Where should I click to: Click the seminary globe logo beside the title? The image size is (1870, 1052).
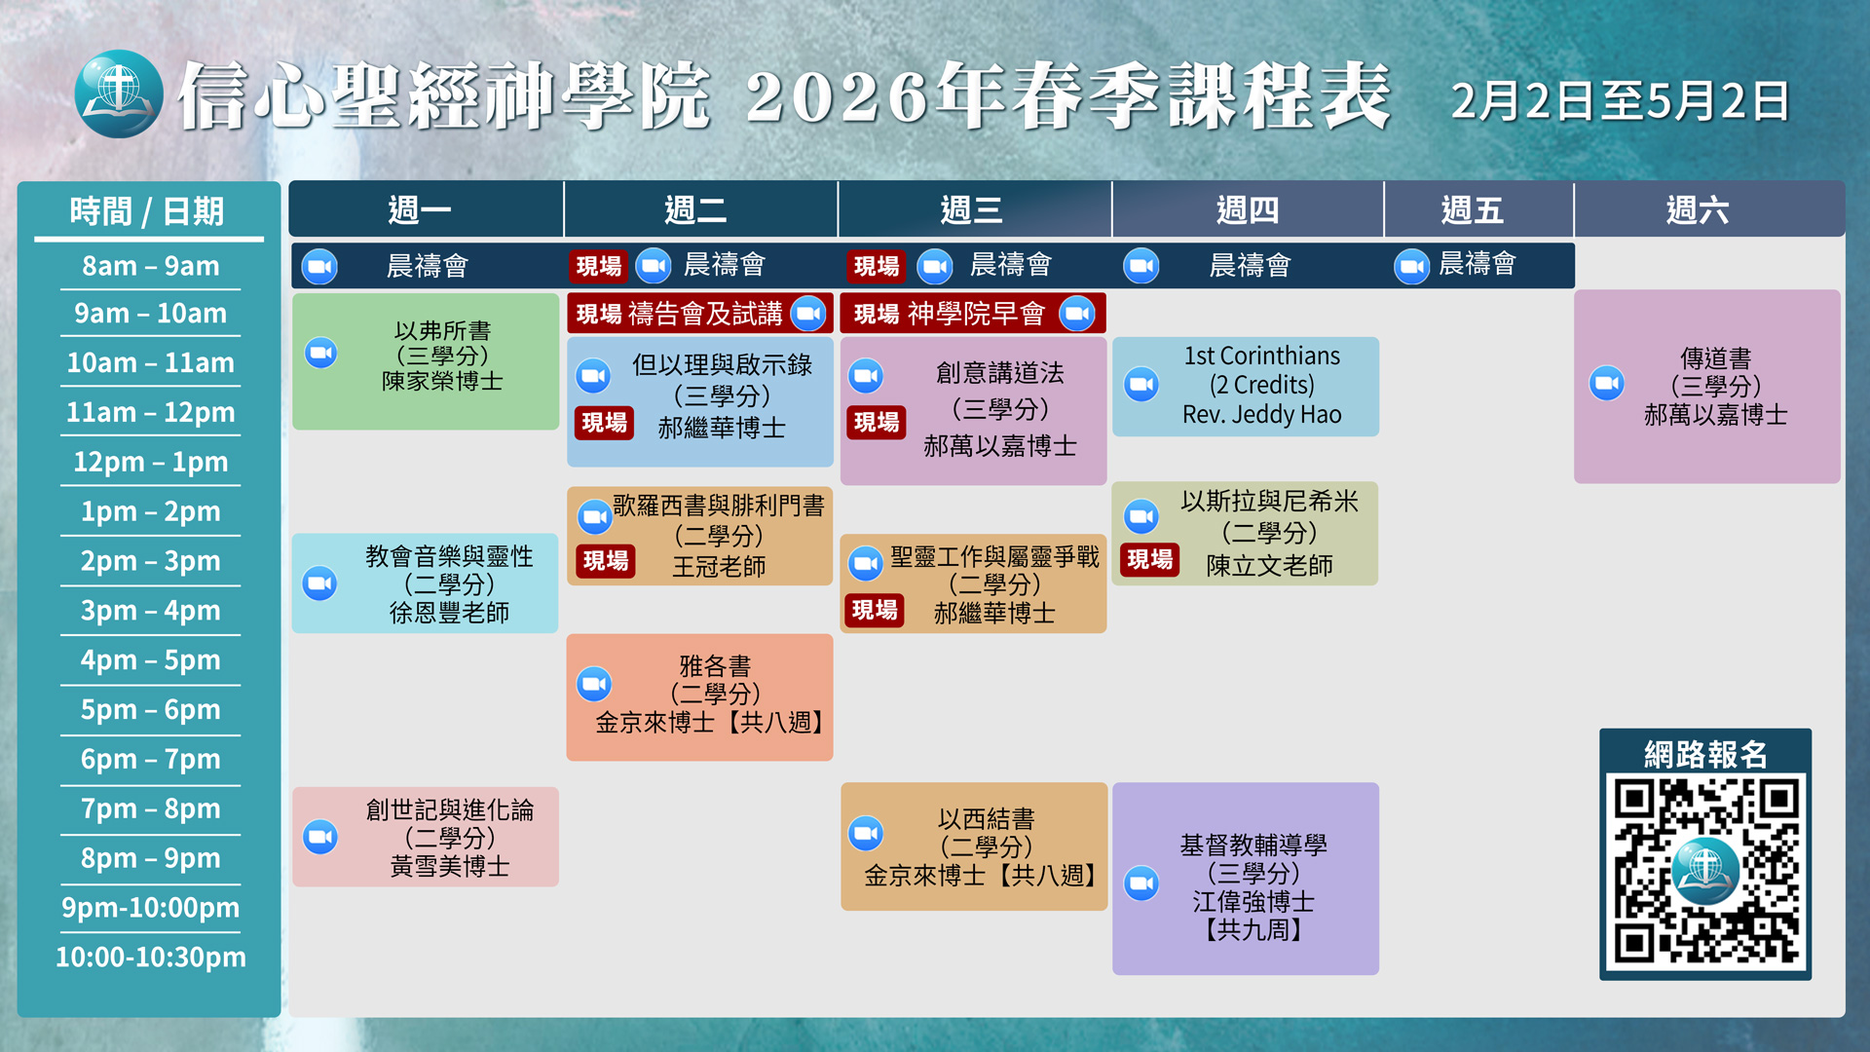[x=119, y=94]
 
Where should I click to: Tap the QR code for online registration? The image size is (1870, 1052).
[x=1705, y=869]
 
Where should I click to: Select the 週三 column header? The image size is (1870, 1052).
[x=973, y=209]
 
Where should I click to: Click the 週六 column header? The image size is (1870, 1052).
[x=1698, y=209]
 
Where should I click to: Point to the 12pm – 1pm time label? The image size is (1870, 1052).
[x=151, y=462]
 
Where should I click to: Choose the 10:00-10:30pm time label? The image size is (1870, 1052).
[x=151, y=957]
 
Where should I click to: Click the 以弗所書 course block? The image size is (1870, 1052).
[x=426, y=361]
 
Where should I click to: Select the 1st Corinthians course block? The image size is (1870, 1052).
[x=1246, y=386]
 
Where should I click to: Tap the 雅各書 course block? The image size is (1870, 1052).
[x=699, y=696]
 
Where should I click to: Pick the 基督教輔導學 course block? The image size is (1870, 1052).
[x=1246, y=879]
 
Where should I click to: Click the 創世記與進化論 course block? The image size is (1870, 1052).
[x=426, y=837]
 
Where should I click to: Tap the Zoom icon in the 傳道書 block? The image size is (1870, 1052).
[x=1607, y=383]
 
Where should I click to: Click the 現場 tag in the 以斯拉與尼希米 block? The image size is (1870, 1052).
[x=1150, y=559]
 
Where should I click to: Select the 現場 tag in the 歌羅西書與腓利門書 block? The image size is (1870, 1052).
[x=606, y=561]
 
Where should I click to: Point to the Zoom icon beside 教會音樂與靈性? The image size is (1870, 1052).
[x=319, y=583]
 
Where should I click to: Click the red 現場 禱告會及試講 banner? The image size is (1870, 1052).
[x=699, y=314]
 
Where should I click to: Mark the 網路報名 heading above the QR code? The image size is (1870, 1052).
[x=1705, y=754]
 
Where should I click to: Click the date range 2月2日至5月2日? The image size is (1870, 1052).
[x=1621, y=101]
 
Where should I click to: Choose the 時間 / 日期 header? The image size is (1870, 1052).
[x=147, y=211]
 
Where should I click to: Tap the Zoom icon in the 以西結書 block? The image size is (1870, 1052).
[x=866, y=833]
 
